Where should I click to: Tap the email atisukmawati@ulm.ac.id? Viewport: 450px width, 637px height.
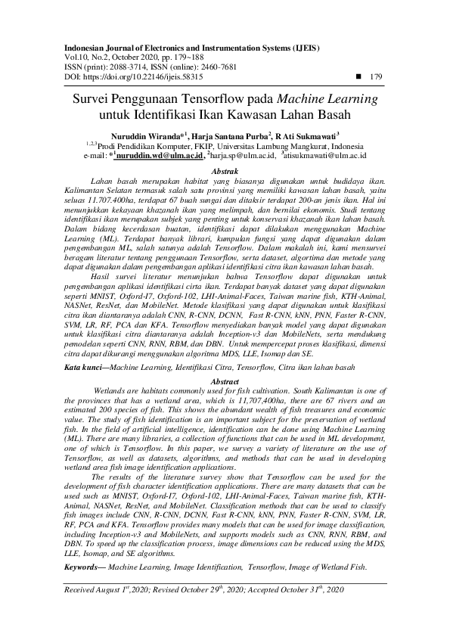tap(327, 156)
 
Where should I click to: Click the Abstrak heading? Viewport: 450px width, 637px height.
tap(224, 172)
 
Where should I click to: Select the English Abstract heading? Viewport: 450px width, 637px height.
tap(225, 360)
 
